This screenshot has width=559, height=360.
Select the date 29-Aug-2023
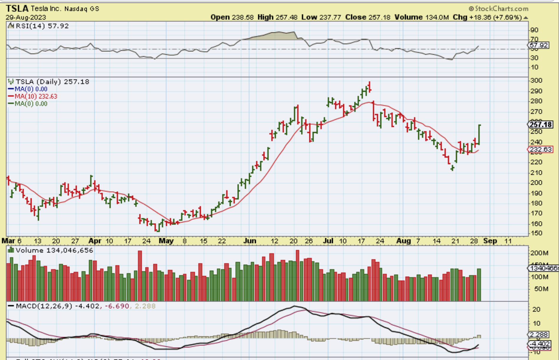pyautogui.click(x=26, y=17)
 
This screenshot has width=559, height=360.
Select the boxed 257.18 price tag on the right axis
pyautogui.click(x=540, y=124)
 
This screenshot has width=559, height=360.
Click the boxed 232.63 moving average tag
pyautogui.click(x=540, y=149)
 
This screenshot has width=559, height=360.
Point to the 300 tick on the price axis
pyautogui.click(x=536, y=80)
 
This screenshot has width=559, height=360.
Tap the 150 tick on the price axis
pyautogui.click(x=536, y=233)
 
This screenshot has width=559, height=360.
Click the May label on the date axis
pyautogui.click(x=166, y=241)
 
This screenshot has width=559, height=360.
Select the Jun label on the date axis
pyautogui.click(x=250, y=241)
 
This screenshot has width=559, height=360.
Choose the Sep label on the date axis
pyautogui.click(x=490, y=241)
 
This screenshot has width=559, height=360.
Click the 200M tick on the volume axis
pyautogui.click(x=539, y=253)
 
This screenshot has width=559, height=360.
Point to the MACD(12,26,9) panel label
pyautogui.click(x=44, y=306)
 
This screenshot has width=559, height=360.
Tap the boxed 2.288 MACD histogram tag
pyautogui.click(x=539, y=335)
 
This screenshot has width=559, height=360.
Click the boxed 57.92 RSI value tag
pyautogui.click(x=539, y=45)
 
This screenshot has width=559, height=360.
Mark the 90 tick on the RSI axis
pyautogui.click(x=534, y=30)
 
